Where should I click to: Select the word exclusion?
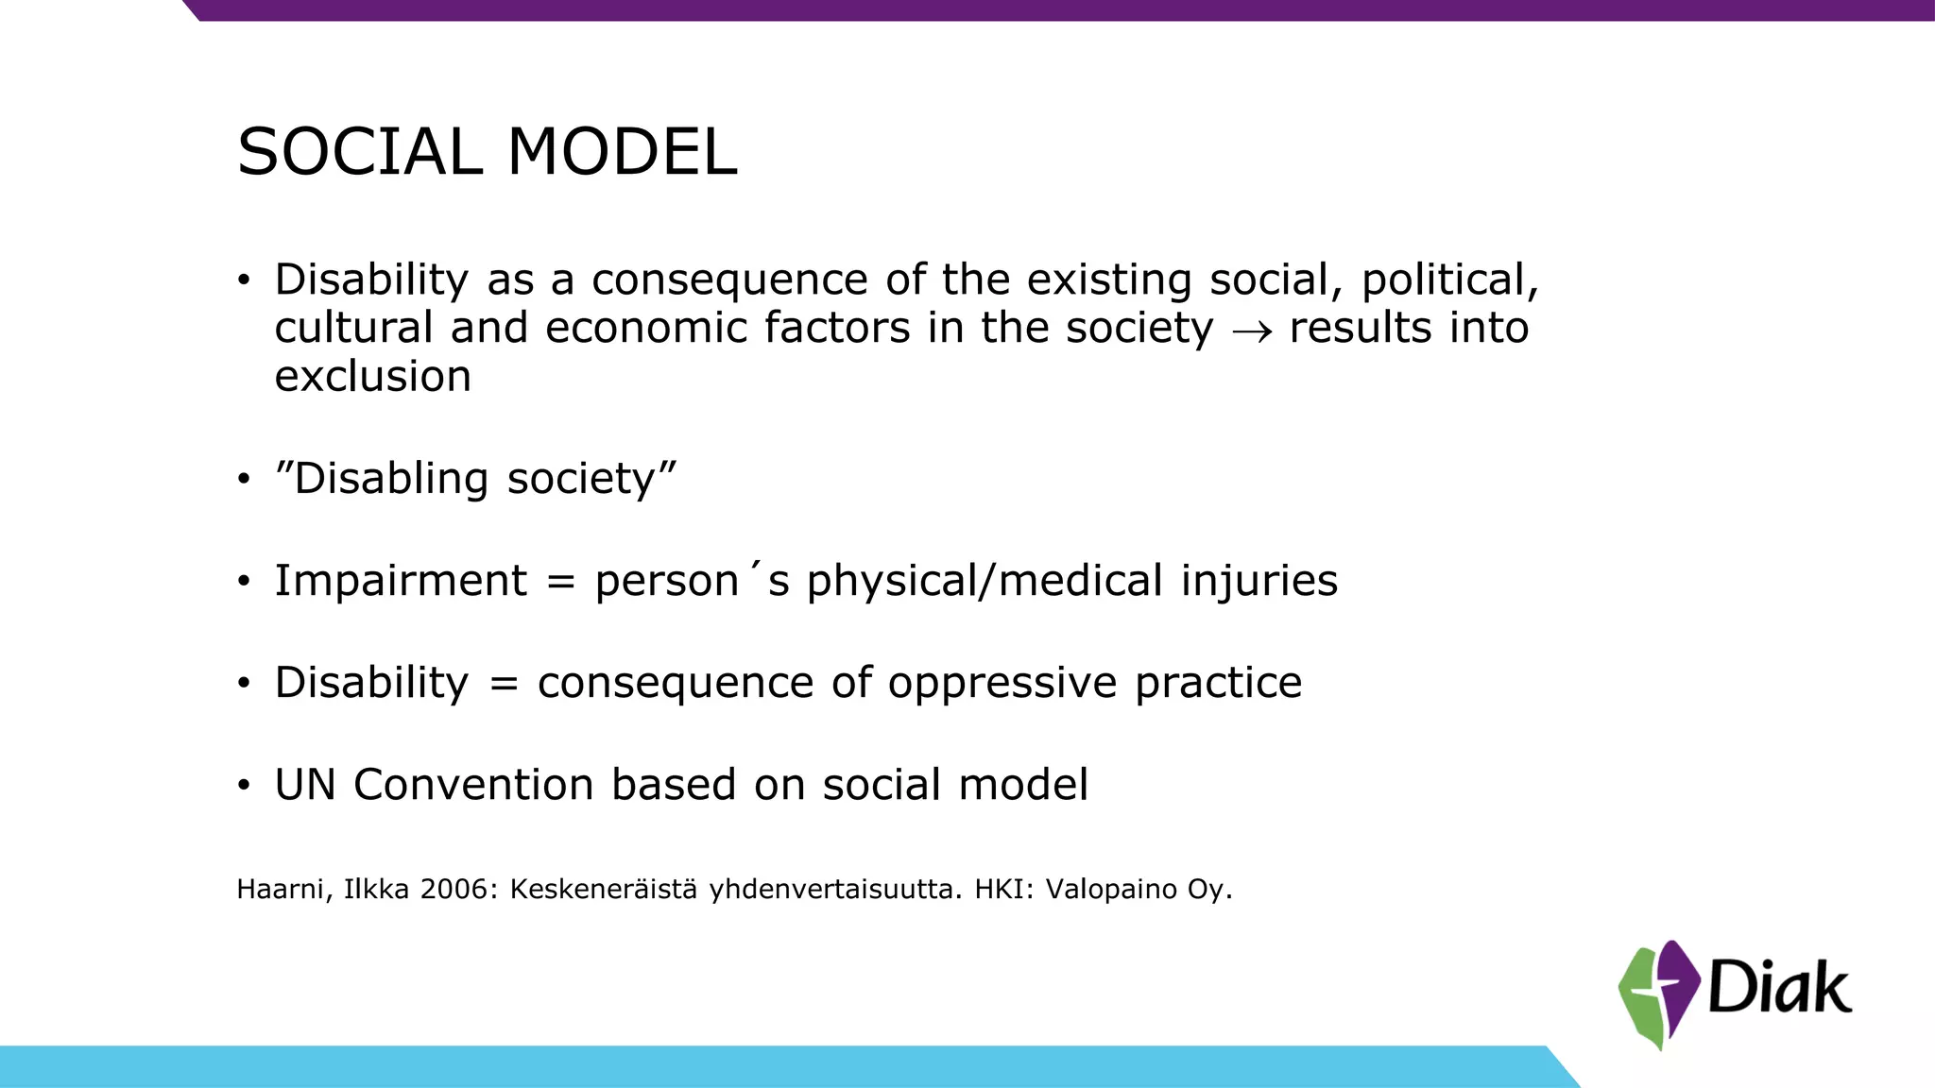click(372, 377)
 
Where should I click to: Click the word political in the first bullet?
click(1449, 280)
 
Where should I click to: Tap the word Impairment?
click(401, 581)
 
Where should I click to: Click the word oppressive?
click(1002, 684)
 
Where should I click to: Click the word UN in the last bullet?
click(304, 785)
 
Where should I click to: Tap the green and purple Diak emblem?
click(1658, 994)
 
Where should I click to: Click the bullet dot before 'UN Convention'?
click(244, 786)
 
